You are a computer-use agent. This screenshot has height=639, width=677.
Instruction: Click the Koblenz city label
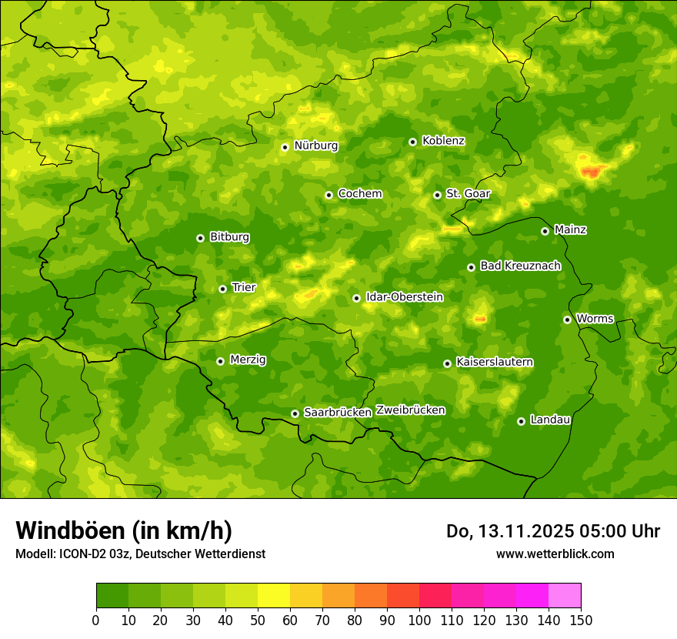(443, 141)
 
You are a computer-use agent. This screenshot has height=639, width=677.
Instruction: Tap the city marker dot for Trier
(223, 289)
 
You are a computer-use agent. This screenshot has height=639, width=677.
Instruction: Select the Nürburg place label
(315, 146)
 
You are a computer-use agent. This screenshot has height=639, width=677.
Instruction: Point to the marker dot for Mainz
(545, 231)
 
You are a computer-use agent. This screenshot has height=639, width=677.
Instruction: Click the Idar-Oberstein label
(404, 297)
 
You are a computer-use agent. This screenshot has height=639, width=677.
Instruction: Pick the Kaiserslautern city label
(495, 363)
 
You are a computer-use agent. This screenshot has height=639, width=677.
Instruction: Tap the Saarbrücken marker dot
(295, 413)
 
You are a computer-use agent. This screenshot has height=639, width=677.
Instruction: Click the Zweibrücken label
(410, 410)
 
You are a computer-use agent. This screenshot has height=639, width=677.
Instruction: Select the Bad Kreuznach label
(520, 266)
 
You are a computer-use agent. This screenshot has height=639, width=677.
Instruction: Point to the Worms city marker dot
(567, 319)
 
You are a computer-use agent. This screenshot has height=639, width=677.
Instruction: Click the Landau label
(550, 420)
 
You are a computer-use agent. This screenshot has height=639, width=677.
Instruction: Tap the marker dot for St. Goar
(437, 195)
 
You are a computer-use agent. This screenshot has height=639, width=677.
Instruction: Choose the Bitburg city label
(229, 237)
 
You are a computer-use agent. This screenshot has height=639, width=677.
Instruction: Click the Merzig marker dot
(220, 361)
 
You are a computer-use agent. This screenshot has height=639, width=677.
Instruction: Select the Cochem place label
(359, 194)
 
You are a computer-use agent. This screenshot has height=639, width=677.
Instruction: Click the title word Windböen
(70, 531)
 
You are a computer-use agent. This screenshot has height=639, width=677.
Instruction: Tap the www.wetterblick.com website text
(555, 554)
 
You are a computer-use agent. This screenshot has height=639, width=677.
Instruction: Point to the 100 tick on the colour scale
(419, 620)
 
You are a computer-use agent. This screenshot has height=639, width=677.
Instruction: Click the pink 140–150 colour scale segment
(565, 596)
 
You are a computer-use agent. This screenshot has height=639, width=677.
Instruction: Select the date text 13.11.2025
(525, 531)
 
